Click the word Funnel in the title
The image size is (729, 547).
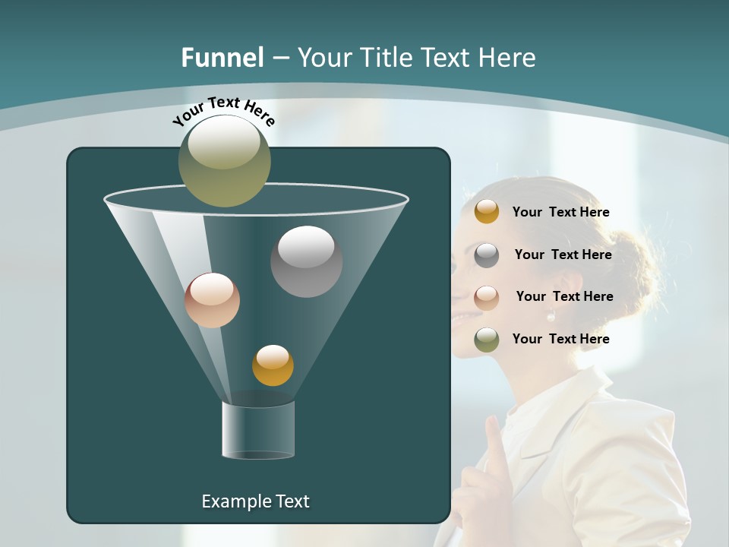[x=222, y=58]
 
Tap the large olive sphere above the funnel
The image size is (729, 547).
[x=225, y=160]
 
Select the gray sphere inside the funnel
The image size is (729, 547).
[x=306, y=261]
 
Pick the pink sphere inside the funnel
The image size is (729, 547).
[x=212, y=300]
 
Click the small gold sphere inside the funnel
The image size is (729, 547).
[x=273, y=365]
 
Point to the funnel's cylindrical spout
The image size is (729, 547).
[x=258, y=430]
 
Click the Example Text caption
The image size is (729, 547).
[x=255, y=501]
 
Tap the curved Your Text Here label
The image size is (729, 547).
[x=223, y=111]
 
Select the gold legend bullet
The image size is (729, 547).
[x=487, y=212]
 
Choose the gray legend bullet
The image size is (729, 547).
[x=487, y=255]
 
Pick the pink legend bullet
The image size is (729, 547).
[x=487, y=297]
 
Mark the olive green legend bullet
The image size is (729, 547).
[x=487, y=340]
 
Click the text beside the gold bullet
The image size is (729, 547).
[x=560, y=213]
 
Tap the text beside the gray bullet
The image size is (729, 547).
[x=563, y=255]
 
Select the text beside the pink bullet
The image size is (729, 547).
[x=564, y=297]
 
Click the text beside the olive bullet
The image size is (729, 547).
[x=560, y=340]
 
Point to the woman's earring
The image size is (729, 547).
[x=551, y=316]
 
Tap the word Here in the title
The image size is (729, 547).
[x=507, y=58]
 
